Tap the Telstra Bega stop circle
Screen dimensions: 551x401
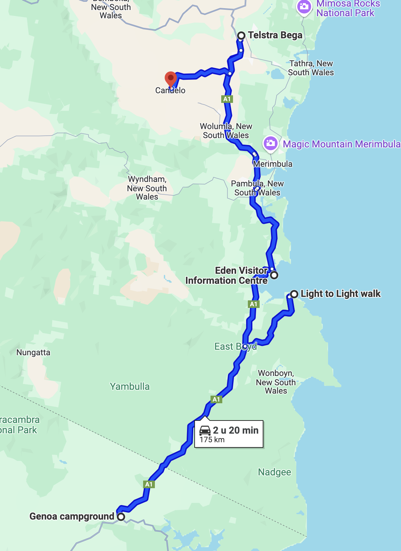point(242,36)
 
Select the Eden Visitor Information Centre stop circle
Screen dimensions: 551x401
point(274,275)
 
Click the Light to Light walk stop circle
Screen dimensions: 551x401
point(294,294)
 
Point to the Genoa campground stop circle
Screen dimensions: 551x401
point(121,517)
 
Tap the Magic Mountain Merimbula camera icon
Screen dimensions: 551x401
point(270,143)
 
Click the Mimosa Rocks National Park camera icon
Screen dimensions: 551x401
point(304,7)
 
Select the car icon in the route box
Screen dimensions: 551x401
point(205,431)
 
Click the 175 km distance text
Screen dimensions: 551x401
point(212,440)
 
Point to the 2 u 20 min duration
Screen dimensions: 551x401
point(236,430)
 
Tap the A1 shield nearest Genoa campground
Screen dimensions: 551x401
point(149,484)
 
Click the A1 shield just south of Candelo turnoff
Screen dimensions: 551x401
point(227,99)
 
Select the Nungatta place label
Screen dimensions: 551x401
point(34,352)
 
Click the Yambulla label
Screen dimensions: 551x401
point(130,386)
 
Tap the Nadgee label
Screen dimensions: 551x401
point(274,472)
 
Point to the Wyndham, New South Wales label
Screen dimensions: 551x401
point(147,188)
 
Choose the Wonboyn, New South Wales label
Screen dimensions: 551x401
point(276,382)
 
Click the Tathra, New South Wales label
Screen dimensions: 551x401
point(311,68)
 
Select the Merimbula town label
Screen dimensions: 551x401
point(273,164)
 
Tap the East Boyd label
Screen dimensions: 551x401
point(235,346)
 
